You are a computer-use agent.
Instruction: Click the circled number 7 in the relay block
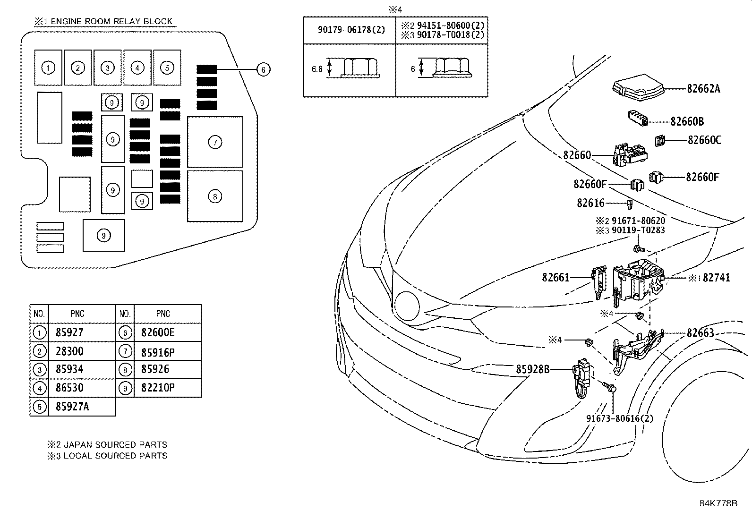(x=215, y=142)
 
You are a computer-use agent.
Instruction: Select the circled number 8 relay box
(x=215, y=196)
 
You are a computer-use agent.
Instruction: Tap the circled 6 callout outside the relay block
(x=263, y=69)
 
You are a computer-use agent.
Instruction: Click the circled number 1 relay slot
(x=48, y=68)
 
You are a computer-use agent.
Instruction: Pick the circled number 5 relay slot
(x=167, y=68)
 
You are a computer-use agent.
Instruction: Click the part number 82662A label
(x=703, y=89)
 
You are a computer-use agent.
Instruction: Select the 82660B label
(x=687, y=121)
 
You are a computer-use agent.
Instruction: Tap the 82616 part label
(x=590, y=203)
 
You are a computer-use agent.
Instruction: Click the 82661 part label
(x=556, y=277)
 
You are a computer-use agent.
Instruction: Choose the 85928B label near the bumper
(x=533, y=369)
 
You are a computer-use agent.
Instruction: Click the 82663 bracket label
(x=701, y=332)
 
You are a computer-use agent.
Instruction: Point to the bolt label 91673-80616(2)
(x=620, y=418)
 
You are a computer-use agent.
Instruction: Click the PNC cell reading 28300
(x=69, y=351)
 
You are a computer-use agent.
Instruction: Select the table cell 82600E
(x=158, y=332)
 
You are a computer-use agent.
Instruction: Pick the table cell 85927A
(x=72, y=407)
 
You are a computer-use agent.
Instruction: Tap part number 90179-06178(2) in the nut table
(x=351, y=30)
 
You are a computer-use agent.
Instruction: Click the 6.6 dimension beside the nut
(x=317, y=69)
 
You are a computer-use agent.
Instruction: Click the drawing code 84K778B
(x=718, y=503)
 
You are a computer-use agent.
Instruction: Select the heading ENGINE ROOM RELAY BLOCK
(x=111, y=21)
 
